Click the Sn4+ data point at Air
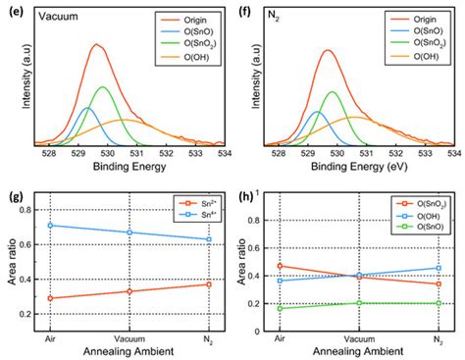[x=51, y=226]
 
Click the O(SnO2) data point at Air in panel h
[x=282, y=266]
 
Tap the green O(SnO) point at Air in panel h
[x=282, y=309]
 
